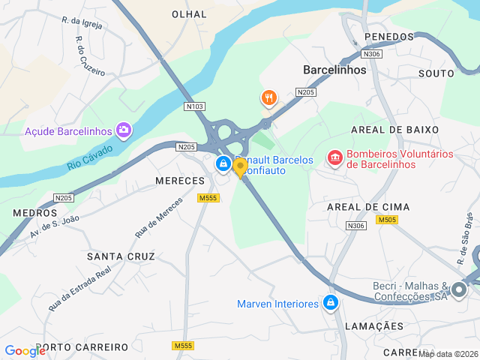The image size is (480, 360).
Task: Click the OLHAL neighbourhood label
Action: [189, 14]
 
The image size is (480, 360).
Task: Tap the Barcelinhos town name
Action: [334, 70]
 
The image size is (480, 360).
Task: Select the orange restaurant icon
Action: [269, 97]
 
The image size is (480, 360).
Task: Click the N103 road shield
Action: [194, 106]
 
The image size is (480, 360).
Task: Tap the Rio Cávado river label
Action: [90, 157]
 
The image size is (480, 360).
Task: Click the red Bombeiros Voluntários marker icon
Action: [334, 158]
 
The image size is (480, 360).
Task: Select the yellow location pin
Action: [240, 166]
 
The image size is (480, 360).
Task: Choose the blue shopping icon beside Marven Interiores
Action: [330, 303]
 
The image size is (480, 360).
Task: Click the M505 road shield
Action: [387, 220]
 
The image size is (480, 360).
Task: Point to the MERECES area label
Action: [180, 181]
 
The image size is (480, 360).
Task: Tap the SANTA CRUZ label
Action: [121, 256]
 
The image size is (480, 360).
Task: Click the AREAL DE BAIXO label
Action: [394, 130]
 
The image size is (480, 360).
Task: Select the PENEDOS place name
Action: [389, 37]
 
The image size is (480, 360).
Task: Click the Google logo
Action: [25, 350]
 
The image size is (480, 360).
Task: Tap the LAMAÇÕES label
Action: [374, 326]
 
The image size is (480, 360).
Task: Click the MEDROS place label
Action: [34, 213]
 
